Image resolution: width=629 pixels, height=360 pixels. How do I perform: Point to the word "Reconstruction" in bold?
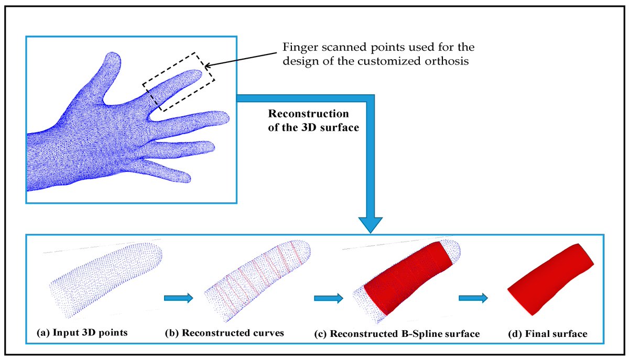coord(308,114)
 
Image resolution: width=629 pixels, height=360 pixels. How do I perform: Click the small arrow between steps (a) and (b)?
coord(179,298)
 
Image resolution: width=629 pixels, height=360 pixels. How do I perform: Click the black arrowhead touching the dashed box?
coord(207,66)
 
